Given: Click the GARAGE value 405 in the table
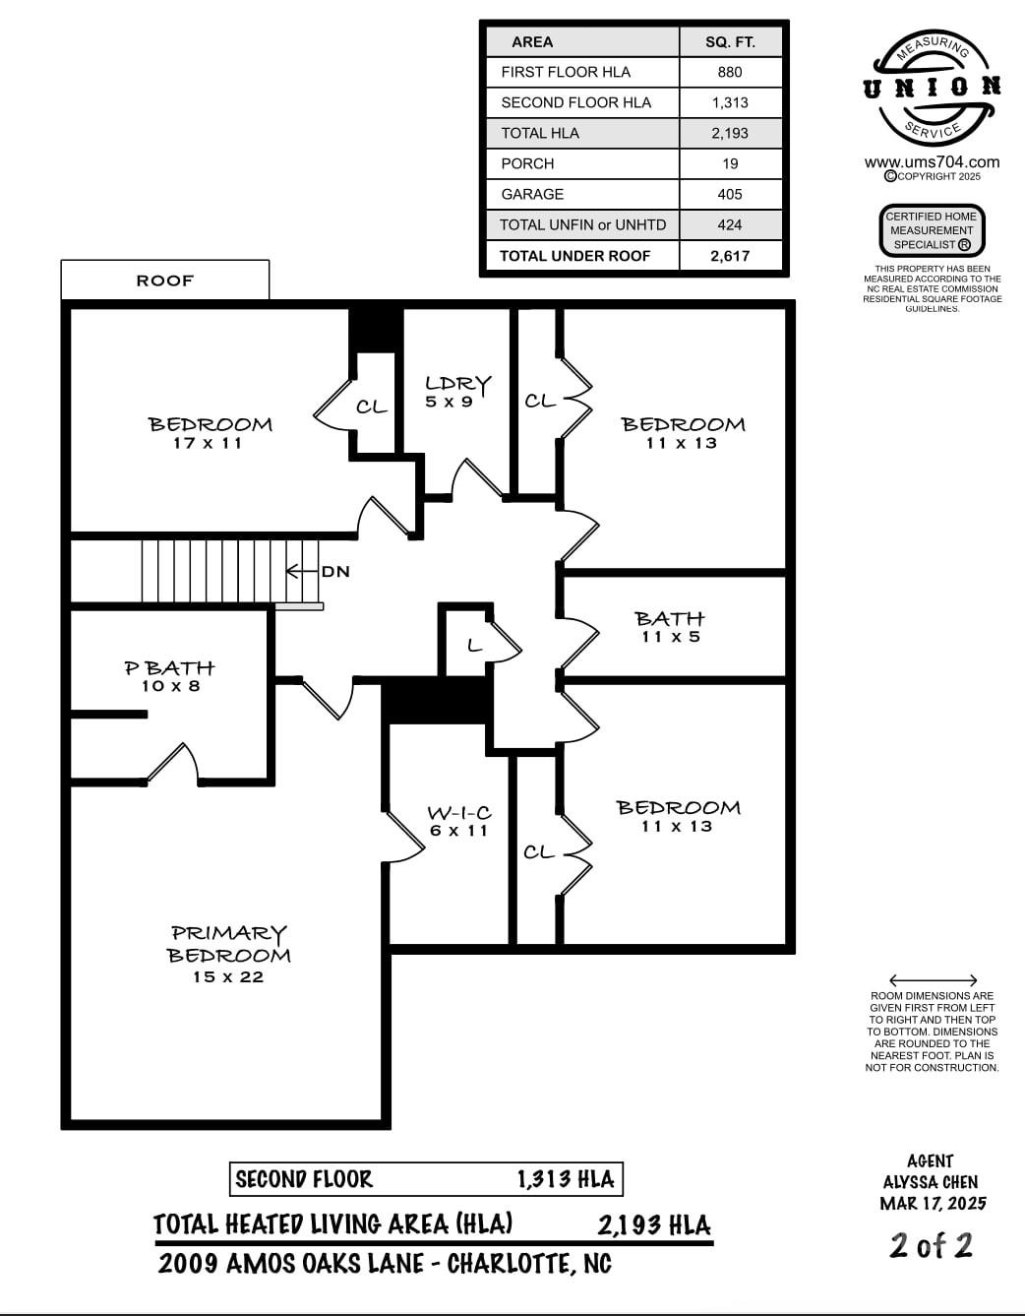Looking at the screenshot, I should [x=730, y=194].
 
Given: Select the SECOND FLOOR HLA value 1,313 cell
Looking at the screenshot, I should [x=730, y=102].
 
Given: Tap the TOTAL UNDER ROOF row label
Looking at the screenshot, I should [x=575, y=256].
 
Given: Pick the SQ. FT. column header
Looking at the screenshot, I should [x=730, y=42].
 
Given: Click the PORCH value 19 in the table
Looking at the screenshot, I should [x=730, y=163].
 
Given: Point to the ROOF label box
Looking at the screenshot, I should [x=165, y=281].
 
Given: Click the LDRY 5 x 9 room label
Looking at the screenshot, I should [x=457, y=392].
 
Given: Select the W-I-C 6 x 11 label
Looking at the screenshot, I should [x=458, y=821].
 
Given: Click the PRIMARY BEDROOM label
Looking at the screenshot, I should [x=228, y=944].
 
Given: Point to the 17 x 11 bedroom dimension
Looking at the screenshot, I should [x=208, y=444].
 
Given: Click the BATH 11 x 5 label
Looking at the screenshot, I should [x=670, y=627].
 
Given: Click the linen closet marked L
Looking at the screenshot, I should [x=474, y=646].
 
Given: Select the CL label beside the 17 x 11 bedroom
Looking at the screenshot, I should [x=371, y=407].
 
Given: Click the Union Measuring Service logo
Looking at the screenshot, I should [x=932, y=89].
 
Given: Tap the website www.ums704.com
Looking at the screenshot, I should [x=932, y=162].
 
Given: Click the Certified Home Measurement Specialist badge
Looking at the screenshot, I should [x=931, y=230].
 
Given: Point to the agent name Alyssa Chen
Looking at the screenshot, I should [x=931, y=1182].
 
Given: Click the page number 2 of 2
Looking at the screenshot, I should [x=931, y=1245].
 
